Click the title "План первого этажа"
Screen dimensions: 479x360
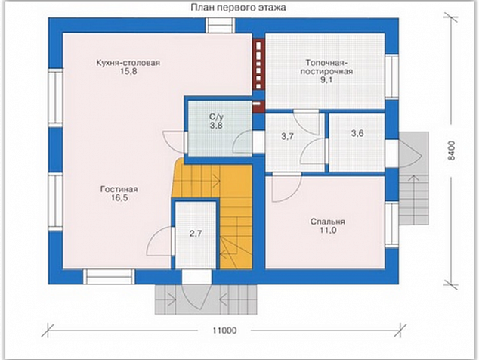(239, 7)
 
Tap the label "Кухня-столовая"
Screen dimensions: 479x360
(128, 63)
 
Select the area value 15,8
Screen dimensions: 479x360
(128, 72)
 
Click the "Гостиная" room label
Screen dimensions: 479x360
(119, 189)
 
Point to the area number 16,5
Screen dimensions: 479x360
(119, 198)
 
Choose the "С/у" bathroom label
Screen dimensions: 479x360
(216, 116)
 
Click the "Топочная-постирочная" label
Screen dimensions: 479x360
(326, 67)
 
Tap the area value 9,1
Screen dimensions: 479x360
(326, 80)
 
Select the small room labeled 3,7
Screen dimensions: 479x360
(287, 136)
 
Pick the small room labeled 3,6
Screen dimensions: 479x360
(357, 133)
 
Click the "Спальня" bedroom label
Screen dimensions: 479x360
(327, 222)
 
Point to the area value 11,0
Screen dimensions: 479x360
(328, 230)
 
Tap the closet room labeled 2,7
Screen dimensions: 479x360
(196, 234)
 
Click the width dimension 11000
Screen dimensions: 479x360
(224, 331)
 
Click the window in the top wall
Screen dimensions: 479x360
(221, 26)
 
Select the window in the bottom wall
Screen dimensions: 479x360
(109, 277)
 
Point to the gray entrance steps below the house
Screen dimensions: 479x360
(206, 299)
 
